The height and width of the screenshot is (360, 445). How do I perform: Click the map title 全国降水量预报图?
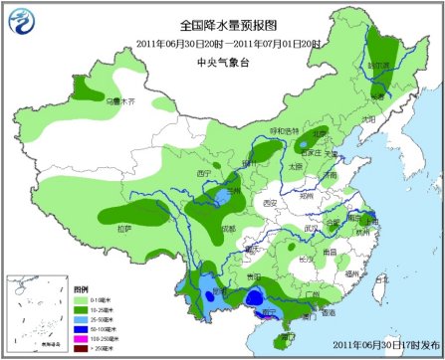point(222,24)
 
